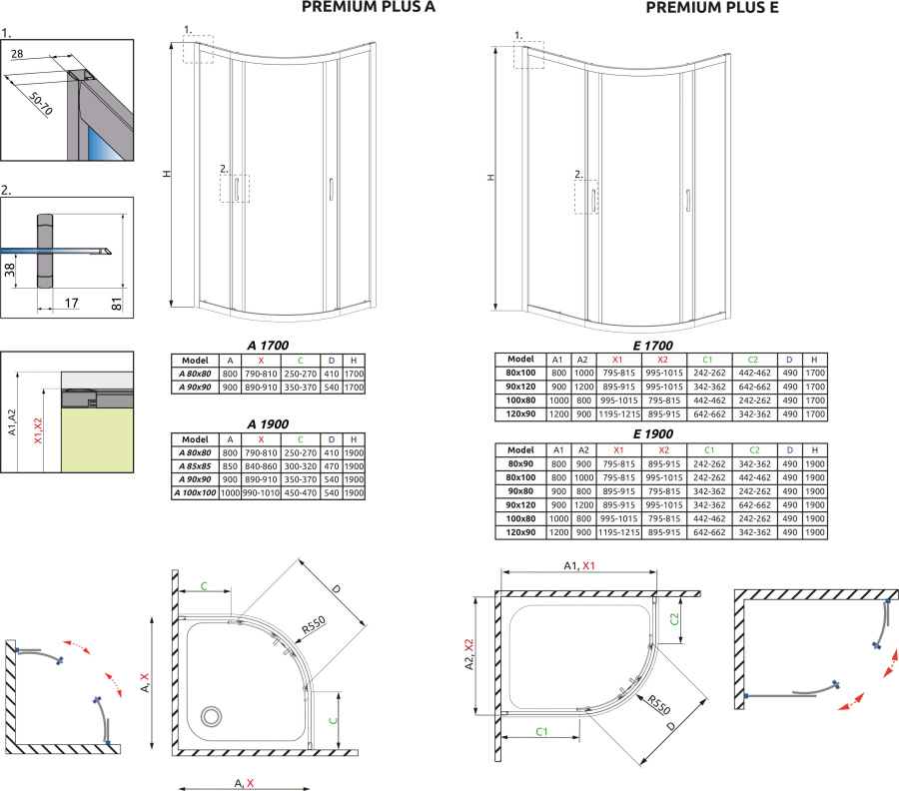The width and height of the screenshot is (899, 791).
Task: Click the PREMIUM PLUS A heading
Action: (x=370, y=9)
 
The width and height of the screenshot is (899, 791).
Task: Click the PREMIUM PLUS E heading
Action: (x=712, y=9)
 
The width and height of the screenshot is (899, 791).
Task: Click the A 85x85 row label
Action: (x=195, y=466)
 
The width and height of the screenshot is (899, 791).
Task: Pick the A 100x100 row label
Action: (x=195, y=492)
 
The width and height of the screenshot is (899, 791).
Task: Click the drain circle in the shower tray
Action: (x=212, y=715)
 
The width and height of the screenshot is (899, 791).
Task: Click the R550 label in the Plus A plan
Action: (x=313, y=629)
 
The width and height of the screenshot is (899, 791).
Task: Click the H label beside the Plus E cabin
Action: (x=490, y=177)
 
